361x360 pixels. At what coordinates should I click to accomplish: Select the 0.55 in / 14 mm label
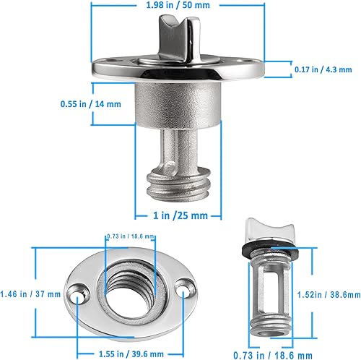click(x=90, y=103)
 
